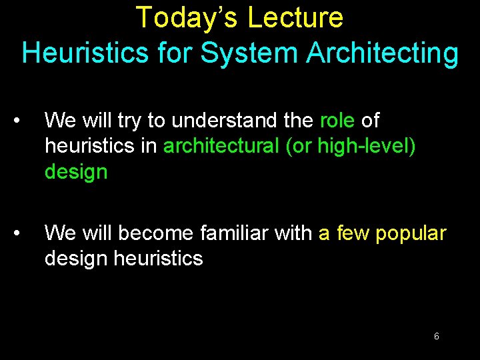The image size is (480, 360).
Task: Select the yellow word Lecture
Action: [x=295, y=18]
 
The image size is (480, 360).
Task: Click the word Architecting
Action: [x=382, y=53]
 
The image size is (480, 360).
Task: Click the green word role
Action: [x=337, y=121]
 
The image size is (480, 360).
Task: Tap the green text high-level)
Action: [x=367, y=146]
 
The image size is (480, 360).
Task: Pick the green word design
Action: [x=76, y=172]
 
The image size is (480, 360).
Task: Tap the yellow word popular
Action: [x=411, y=233]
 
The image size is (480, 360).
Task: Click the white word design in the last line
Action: [x=76, y=259]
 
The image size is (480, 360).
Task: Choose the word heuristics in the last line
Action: [x=158, y=259]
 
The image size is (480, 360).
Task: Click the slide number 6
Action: [x=436, y=337]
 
